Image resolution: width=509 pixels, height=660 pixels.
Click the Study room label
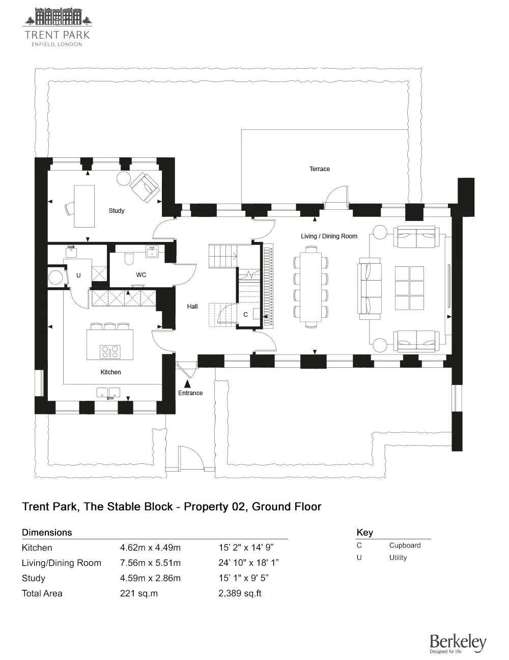[x=117, y=210]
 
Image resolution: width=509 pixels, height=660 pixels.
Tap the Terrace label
[x=319, y=169]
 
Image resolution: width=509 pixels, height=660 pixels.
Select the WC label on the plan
[x=141, y=275]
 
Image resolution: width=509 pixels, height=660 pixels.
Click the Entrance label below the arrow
[x=190, y=393]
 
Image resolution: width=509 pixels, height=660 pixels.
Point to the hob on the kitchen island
[x=110, y=352]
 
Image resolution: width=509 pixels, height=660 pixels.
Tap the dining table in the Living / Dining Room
[x=310, y=287]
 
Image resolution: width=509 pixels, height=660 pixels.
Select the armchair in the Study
[x=145, y=187]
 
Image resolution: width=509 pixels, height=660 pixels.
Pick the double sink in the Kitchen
[x=108, y=393]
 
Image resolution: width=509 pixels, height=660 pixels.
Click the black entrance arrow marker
[x=188, y=384]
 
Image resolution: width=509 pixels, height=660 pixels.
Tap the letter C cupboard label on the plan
[x=245, y=315]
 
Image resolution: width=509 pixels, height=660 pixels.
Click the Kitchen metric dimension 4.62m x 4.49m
[x=150, y=547]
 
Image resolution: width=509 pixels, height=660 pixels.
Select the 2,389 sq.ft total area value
[x=240, y=593]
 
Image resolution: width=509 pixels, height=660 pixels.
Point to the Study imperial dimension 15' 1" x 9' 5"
[x=243, y=578]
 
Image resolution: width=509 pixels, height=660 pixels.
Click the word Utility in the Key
[x=398, y=557]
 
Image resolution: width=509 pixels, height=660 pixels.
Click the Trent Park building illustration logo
[x=58, y=16]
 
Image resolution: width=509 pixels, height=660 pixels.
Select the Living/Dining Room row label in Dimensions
[x=61, y=563]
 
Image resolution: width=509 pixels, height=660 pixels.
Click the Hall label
[x=192, y=307]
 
